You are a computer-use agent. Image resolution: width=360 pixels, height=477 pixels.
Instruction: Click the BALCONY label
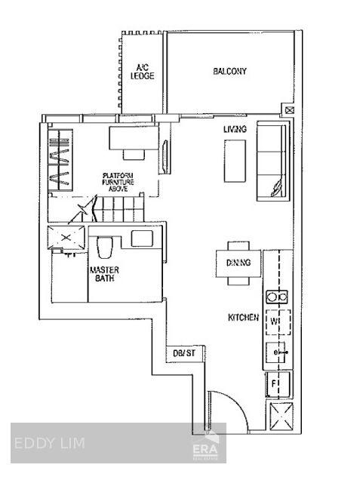[x=229, y=72]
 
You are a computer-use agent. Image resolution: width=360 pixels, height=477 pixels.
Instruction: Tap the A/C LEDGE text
[x=142, y=72]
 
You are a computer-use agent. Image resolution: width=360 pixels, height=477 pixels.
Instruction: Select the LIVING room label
[x=235, y=129]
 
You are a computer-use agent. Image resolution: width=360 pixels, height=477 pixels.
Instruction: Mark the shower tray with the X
[x=66, y=238]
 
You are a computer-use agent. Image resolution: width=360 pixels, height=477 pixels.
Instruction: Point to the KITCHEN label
[x=243, y=318]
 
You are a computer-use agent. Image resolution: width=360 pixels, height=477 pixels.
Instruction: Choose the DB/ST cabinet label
[x=184, y=353]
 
